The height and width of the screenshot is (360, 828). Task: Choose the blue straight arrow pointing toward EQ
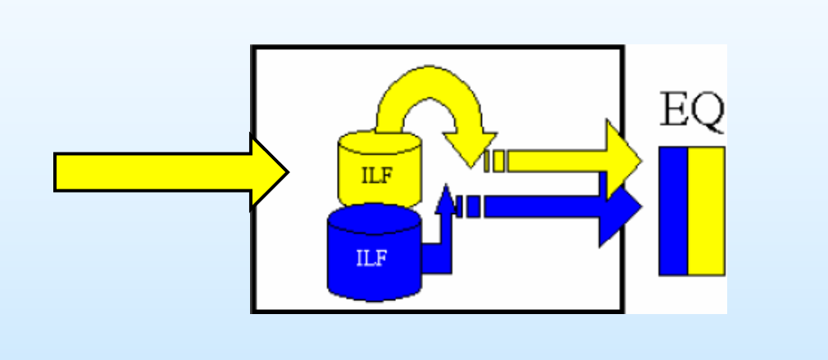pos(549,207)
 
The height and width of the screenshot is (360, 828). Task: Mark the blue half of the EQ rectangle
pos(673,211)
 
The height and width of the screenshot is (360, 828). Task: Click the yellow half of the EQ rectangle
pos(706,211)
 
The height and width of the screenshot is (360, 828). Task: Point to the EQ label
pos(692,114)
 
